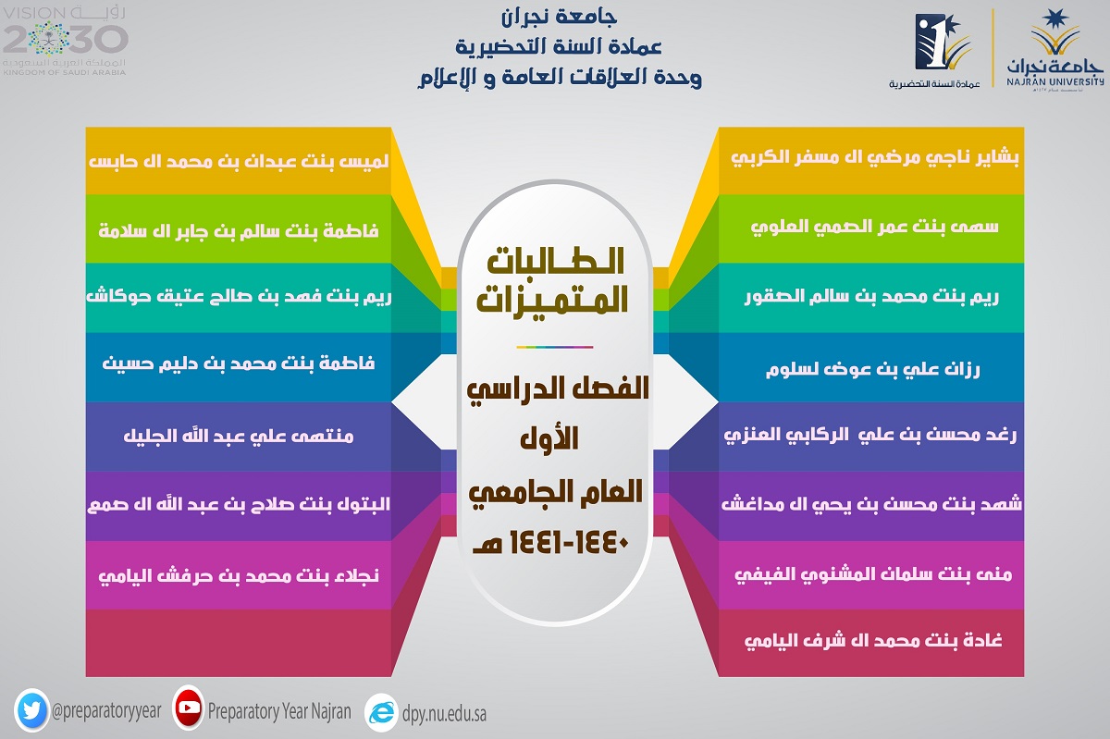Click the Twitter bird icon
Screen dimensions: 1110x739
point(31,710)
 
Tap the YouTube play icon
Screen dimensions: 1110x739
point(189,708)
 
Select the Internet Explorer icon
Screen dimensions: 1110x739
point(381,713)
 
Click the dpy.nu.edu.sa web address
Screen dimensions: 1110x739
point(444,714)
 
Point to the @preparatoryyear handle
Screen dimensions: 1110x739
point(106,711)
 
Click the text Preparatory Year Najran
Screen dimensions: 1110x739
point(279,711)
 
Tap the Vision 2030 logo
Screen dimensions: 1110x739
point(65,41)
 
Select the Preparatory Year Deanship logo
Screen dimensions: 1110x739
point(935,51)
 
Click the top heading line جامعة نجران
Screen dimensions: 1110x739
point(560,18)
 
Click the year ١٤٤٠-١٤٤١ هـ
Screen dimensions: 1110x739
point(551,543)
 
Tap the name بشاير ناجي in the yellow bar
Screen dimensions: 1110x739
point(875,157)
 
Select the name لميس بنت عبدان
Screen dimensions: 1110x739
point(239,161)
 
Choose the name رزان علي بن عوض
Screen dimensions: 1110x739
point(872,369)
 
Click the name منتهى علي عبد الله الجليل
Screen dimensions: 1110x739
point(239,437)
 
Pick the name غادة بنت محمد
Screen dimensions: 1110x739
point(873,641)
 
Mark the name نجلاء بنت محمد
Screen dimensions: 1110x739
point(239,576)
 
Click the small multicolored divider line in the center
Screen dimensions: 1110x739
point(554,347)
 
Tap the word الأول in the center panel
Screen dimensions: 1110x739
point(549,438)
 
